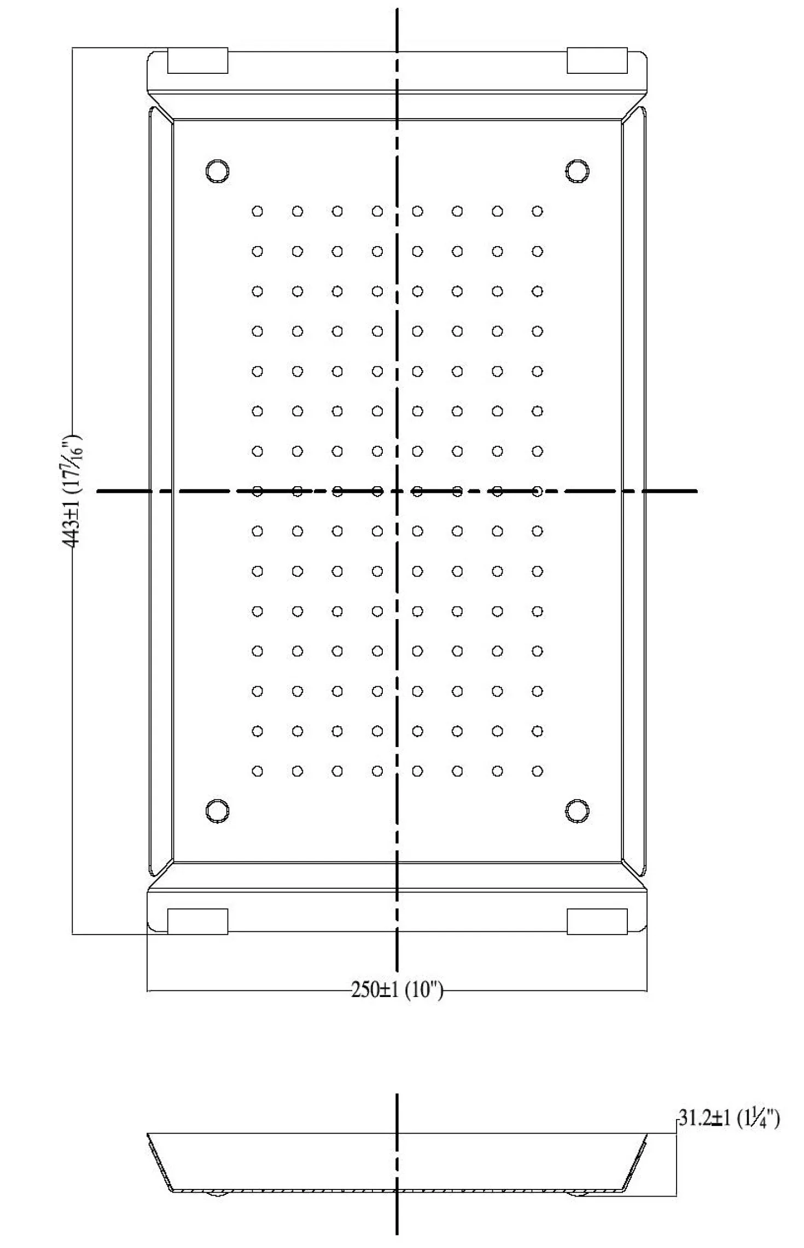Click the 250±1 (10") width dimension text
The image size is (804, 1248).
(x=397, y=989)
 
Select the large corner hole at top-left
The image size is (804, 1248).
(x=217, y=171)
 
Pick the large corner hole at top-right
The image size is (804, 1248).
(x=577, y=171)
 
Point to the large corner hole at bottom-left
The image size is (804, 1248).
(x=217, y=810)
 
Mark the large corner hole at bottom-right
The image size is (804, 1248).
(x=577, y=810)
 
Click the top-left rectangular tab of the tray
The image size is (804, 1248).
(x=197, y=60)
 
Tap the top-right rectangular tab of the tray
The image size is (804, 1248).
(x=597, y=60)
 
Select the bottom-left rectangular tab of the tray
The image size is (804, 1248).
(x=197, y=922)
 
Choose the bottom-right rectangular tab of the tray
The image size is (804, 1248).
(x=597, y=922)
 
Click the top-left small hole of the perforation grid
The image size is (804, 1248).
(x=257, y=211)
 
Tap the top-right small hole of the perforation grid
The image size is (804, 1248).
(x=537, y=211)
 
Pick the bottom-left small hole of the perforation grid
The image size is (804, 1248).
(x=257, y=771)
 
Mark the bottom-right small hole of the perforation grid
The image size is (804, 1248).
(x=537, y=771)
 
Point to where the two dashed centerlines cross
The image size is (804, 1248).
(x=397, y=491)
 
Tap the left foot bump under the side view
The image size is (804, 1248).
(x=218, y=1193)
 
